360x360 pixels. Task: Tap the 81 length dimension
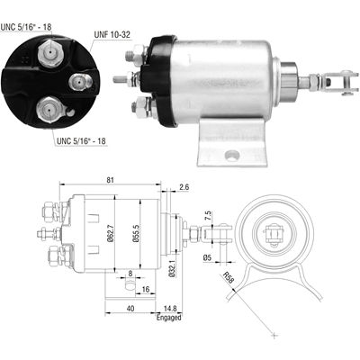coord(109,181)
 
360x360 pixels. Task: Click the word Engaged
coord(168,318)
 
